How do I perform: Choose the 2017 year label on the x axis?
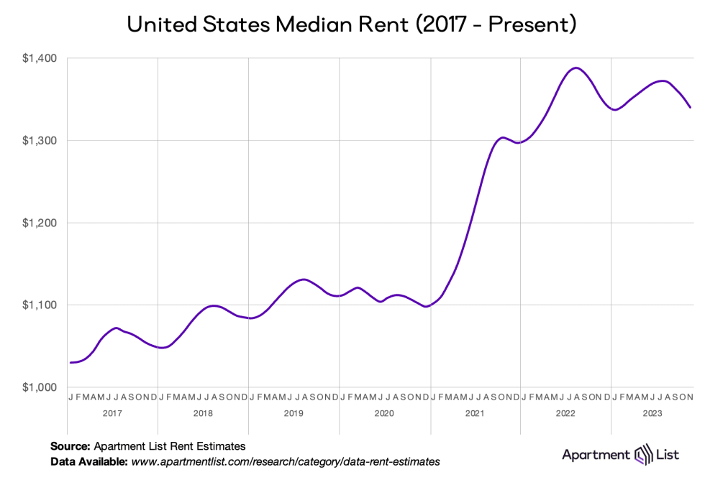pyautogui.click(x=112, y=414)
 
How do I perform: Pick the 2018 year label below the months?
pyautogui.click(x=203, y=414)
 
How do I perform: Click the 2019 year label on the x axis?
pyautogui.click(x=294, y=414)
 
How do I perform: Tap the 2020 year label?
pyautogui.click(x=384, y=414)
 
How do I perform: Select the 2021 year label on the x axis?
pyautogui.click(x=475, y=414)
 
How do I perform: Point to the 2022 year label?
pyautogui.click(x=565, y=414)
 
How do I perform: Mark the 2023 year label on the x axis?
pyautogui.click(x=652, y=414)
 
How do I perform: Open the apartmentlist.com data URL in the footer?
pyautogui.click(x=285, y=461)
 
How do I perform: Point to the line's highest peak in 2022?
pyautogui.click(x=575, y=68)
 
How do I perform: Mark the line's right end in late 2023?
pyautogui.click(x=691, y=107)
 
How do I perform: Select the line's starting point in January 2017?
pyautogui.click(x=70, y=363)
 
